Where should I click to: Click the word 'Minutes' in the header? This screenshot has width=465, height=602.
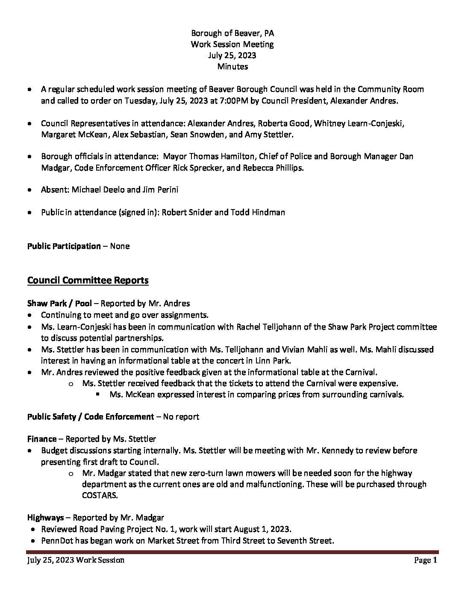[232, 66]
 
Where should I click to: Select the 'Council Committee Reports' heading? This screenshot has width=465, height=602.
[88, 280]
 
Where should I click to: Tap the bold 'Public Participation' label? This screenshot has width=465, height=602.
[64, 246]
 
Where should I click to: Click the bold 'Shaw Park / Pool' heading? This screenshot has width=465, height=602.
[59, 304]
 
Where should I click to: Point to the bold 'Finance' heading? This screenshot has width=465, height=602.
[42, 439]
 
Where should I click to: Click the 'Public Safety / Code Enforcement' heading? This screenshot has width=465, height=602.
[90, 416]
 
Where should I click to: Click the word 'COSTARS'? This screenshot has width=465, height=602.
[99, 496]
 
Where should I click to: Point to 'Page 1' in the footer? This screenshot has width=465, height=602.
[425, 560]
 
